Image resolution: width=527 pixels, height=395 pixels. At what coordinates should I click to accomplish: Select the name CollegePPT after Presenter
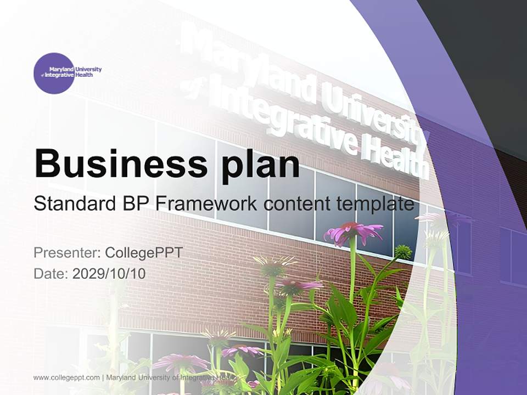(x=143, y=253)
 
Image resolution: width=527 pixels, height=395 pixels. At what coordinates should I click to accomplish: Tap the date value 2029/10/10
(x=109, y=273)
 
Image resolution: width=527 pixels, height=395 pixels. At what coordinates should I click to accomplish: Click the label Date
(x=51, y=273)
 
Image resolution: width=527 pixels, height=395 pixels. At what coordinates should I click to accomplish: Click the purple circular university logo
(x=54, y=73)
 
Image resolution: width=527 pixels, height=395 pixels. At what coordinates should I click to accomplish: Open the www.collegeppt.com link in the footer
(x=66, y=377)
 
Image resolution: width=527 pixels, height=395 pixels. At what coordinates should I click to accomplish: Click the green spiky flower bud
(x=403, y=252)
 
